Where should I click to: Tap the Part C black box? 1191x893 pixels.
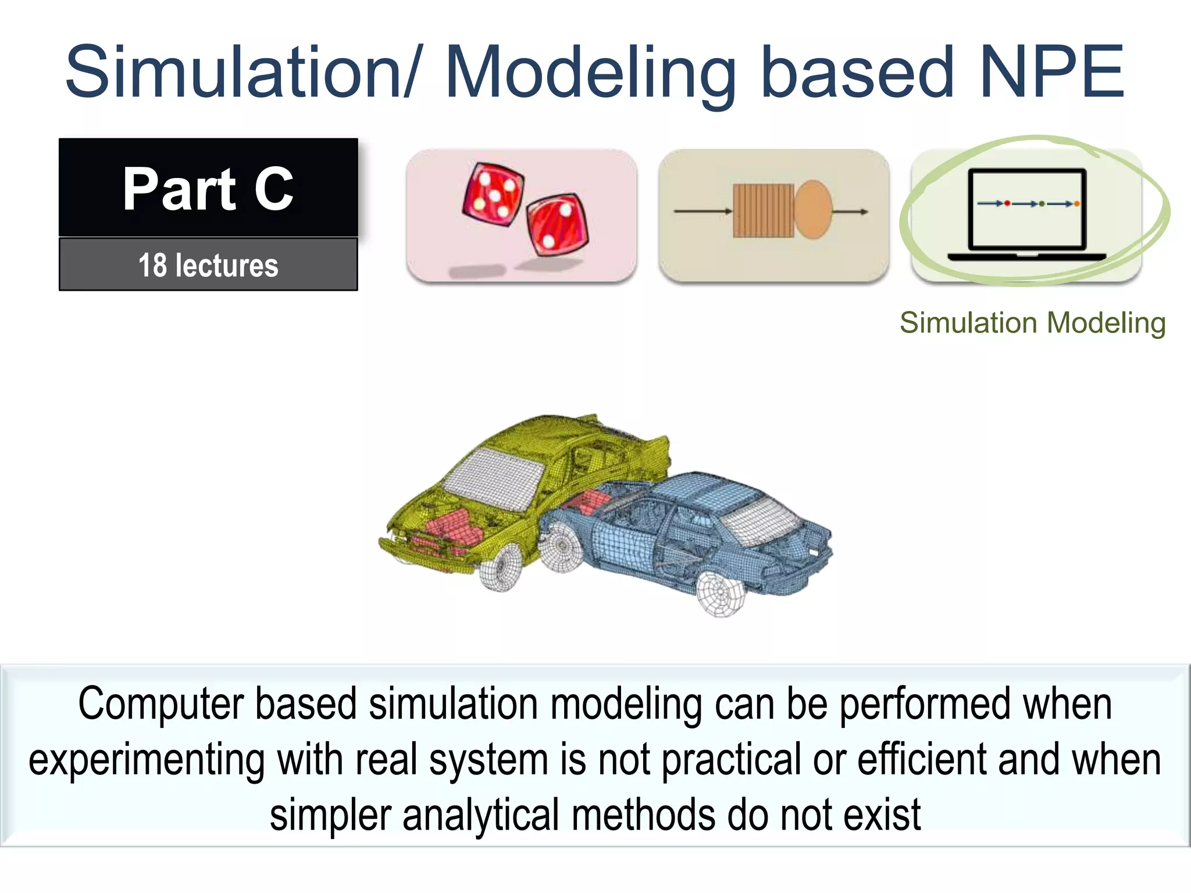(x=208, y=187)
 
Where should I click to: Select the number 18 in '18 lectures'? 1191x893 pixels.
(x=152, y=266)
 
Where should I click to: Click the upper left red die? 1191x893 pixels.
(x=493, y=194)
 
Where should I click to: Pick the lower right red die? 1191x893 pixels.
(x=557, y=224)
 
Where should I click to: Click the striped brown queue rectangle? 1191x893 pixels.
(x=762, y=211)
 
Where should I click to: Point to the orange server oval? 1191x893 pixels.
(x=812, y=210)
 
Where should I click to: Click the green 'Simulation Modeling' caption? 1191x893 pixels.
(x=1032, y=323)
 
